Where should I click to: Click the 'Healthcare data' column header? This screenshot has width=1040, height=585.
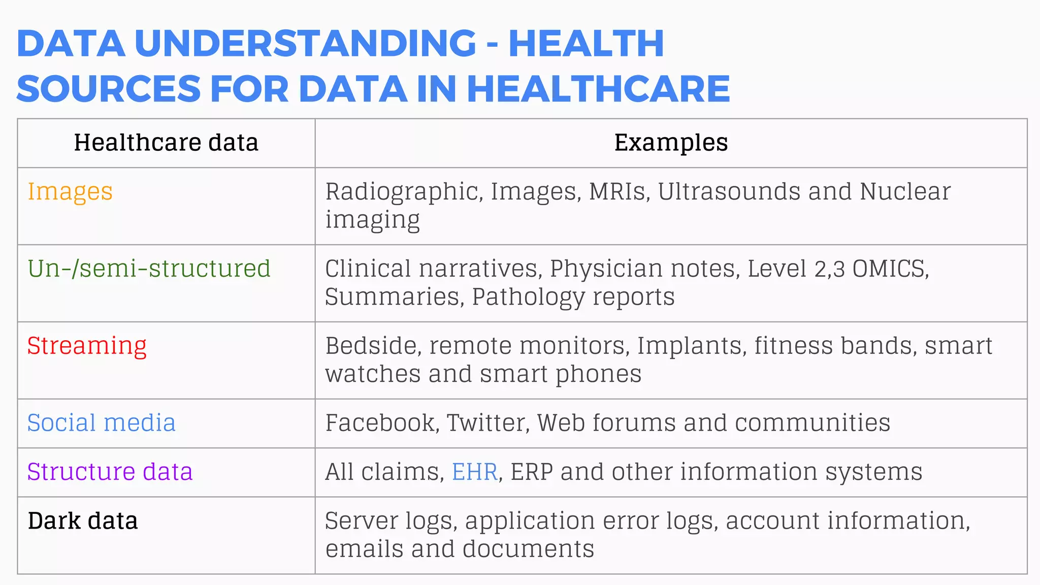166,143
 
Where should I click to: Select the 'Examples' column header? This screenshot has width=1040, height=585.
671,143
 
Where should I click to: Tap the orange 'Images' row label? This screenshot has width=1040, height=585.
70,192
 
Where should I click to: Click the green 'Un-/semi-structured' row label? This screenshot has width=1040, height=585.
149,269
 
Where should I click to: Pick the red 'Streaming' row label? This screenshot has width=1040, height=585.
87,346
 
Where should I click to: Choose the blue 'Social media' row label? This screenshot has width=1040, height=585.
102,423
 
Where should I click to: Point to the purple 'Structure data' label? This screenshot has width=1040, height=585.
110,472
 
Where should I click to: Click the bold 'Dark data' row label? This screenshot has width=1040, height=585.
83,521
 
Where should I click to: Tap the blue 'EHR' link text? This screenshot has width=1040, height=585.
474,472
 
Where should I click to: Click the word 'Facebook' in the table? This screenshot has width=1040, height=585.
381,423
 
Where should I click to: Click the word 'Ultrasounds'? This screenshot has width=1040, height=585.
729,192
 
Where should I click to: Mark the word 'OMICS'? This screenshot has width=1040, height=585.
890,269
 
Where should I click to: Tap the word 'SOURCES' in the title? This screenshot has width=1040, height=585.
109,89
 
